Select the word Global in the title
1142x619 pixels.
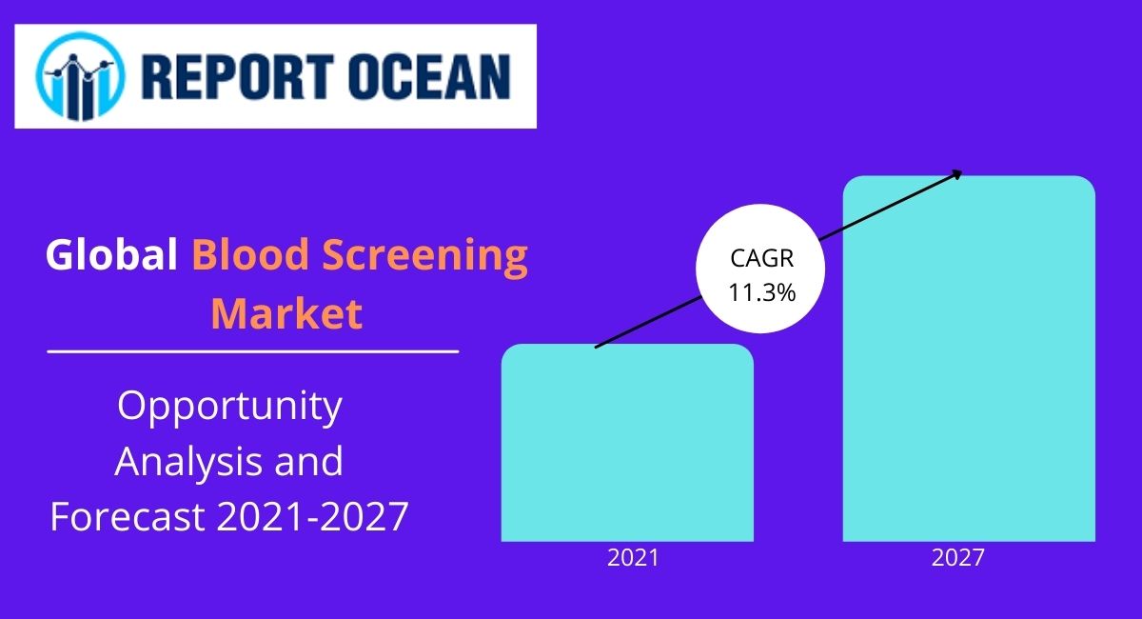pyautogui.click(x=111, y=256)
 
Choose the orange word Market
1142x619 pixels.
pyautogui.click(x=286, y=314)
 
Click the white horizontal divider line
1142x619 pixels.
pyautogui.click(x=253, y=351)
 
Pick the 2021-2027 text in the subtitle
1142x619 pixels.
pyautogui.click(x=312, y=517)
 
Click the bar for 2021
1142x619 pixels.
pyautogui.click(x=627, y=448)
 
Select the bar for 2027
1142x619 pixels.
pyautogui.click(x=969, y=362)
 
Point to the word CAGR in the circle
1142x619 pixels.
pyautogui.click(x=761, y=259)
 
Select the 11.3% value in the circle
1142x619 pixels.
pyautogui.click(x=761, y=293)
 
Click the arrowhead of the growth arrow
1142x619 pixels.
pyautogui.click(x=957, y=172)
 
